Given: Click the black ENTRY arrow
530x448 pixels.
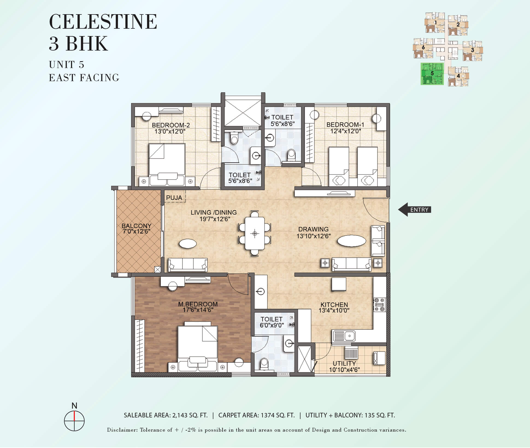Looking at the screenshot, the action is (x=414, y=210).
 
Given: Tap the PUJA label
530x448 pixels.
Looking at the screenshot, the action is (x=174, y=198).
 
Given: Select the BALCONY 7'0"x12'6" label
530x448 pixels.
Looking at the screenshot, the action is (x=136, y=229).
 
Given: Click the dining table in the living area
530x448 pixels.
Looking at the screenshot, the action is (x=255, y=233).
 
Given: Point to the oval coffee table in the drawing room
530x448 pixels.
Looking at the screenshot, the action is (x=352, y=241).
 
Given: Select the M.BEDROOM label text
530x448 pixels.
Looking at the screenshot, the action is (x=198, y=304).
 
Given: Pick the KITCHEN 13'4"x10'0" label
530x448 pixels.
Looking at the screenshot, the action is (x=334, y=308).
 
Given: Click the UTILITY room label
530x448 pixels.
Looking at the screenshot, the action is (x=344, y=363).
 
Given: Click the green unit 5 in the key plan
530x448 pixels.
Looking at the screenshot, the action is (x=432, y=74).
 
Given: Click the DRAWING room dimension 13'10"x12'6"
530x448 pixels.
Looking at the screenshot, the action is (x=314, y=236).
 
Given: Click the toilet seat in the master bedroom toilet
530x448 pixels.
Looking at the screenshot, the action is (x=264, y=364).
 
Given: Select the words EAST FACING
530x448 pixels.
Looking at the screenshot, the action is (x=84, y=78).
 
